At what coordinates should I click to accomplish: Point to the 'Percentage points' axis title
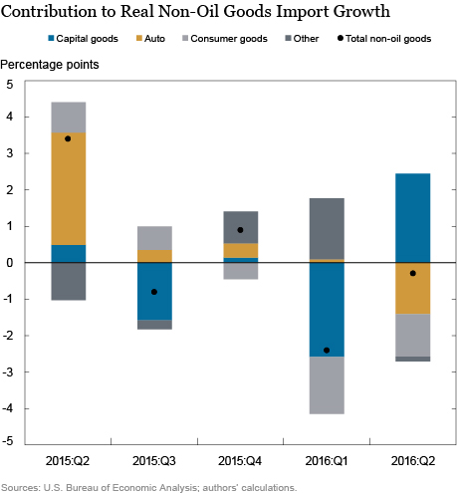(x=50, y=65)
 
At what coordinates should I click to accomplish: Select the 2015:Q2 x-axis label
(x=68, y=461)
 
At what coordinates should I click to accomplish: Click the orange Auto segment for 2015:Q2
(x=68, y=188)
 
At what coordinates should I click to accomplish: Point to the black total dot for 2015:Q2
(x=68, y=138)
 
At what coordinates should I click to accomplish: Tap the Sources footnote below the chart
(x=149, y=487)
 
